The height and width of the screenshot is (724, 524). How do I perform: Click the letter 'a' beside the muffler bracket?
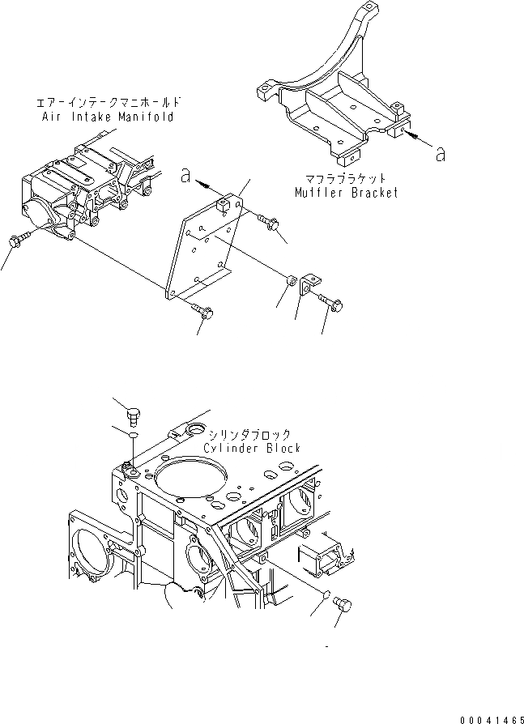click(x=440, y=154)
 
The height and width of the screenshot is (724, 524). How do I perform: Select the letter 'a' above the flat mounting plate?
click(x=185, y=172)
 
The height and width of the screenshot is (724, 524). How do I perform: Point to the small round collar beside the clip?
click(x=291, y=281)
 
